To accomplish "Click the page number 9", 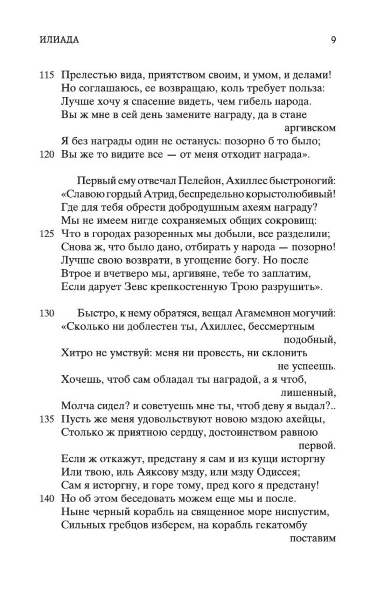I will [x=333, y=40].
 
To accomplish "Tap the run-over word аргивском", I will [x=310, y=128].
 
